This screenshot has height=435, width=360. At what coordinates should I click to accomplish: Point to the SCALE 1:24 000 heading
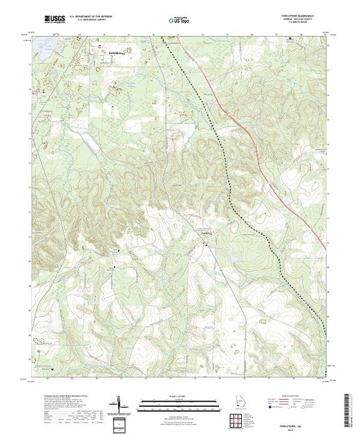click(x=178, y=394)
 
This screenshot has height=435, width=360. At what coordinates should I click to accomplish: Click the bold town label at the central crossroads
click(x=205, y=233)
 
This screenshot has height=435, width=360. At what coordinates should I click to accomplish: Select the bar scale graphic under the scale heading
click(x=178, y=401)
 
